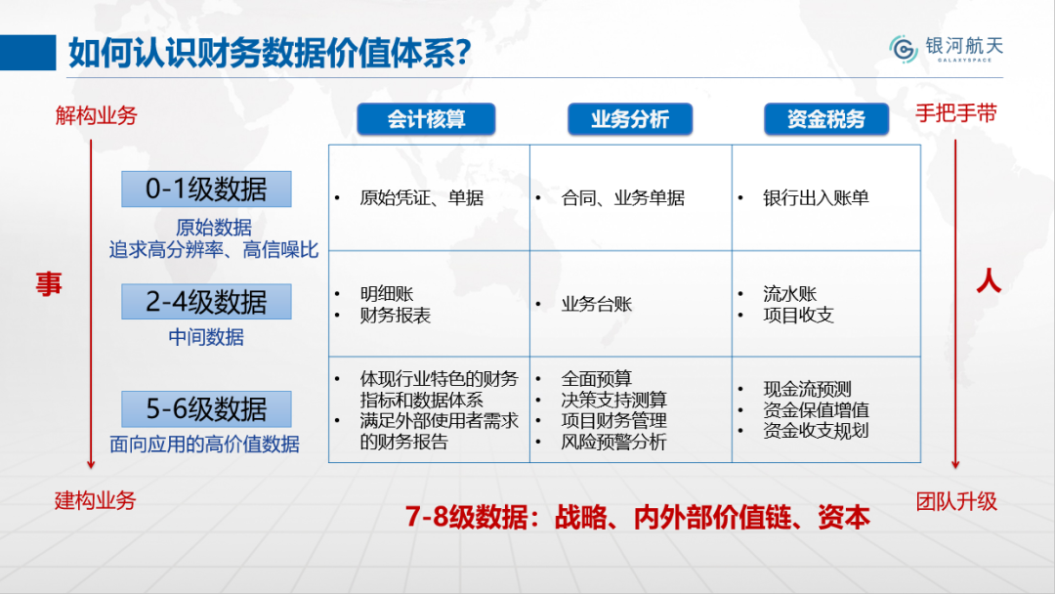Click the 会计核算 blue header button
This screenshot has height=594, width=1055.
pos(426,119)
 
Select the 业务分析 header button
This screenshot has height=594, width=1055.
pos(630,119)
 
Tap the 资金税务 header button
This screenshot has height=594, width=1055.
pos(826,119)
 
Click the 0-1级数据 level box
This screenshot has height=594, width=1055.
pos(206,189)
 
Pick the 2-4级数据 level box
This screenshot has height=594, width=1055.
pos(206,301)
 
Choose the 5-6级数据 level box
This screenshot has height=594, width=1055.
pos(206,409)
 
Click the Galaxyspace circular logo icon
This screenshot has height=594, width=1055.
pos(904,49)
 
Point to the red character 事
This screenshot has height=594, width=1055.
pos(49,284)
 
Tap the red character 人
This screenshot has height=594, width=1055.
pos(989,279)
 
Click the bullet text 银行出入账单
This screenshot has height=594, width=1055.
pos(816,197)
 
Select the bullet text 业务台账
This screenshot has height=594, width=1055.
pos(597,304)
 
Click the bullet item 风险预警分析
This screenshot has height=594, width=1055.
pos(613,442)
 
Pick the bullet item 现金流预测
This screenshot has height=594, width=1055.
pos(808,389)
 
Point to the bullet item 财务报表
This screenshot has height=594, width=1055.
pos(395,315)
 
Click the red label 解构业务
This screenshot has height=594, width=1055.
pos(96,115)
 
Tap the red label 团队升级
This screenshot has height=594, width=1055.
pos(956,502)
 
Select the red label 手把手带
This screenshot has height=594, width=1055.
pos(956,113)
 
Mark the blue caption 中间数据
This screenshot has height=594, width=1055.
pos(206,337)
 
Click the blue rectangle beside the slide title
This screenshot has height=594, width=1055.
pos(27,53)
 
